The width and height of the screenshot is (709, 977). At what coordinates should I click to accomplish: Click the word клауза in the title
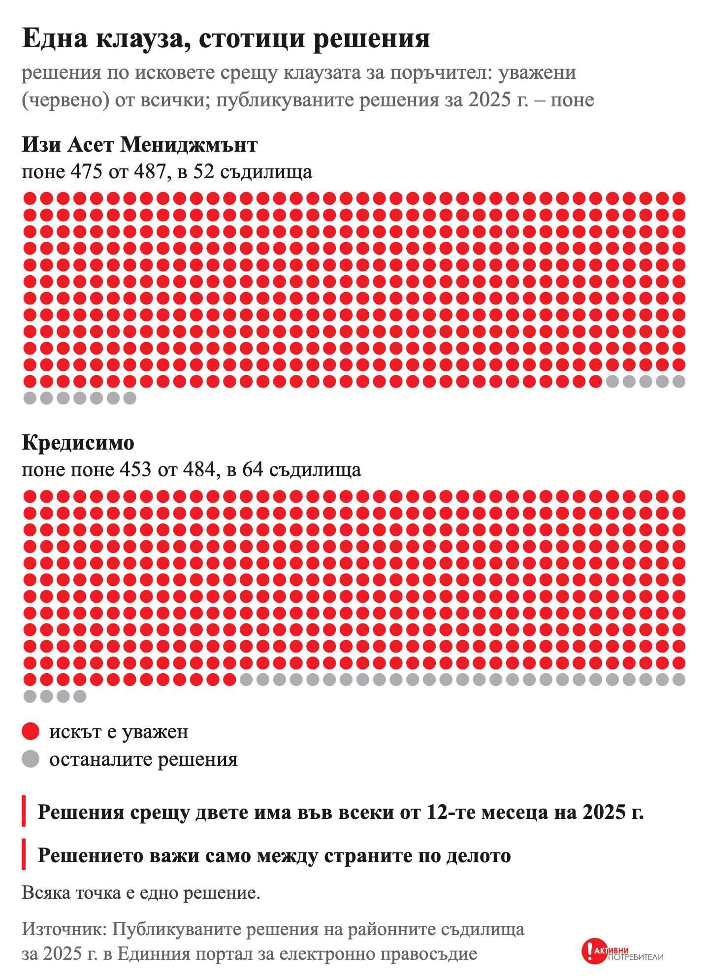pyautogui.click(x=139, y=39)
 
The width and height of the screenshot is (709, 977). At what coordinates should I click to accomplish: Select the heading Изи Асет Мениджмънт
pyautogui.click(x=139, y=145)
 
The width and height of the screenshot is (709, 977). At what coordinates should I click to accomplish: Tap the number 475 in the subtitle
pyautogui.click(x=87, y=172)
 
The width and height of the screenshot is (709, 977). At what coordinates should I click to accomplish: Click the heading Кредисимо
pyautogui.click(x=78, y=443)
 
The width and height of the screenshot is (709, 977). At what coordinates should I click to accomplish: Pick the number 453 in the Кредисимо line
pyautogui.click(x=135, y=469)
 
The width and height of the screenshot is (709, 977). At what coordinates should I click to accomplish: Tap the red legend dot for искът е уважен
pyautogui.click(x=31, y=731)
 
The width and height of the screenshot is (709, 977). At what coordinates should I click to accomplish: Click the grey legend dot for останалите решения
pyautogui.click(x=31, y=759)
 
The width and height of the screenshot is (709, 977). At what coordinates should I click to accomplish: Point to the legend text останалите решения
pyautogui.click(x=143, y=759)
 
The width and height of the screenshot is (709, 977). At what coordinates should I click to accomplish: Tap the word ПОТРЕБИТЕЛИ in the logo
pyautogui.click(x=636, y=957)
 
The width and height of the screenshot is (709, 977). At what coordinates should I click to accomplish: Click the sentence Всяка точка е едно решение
pyautogui.click(x=141, y=893)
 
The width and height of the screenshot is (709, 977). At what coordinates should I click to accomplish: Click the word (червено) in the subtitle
pyautogui.click(x=65, y=100)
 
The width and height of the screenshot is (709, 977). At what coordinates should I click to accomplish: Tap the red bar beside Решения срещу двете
pyautogui.click(x=24, y=811)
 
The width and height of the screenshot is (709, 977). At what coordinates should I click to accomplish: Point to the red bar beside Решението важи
pyautogui.click(x=24, y=854)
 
